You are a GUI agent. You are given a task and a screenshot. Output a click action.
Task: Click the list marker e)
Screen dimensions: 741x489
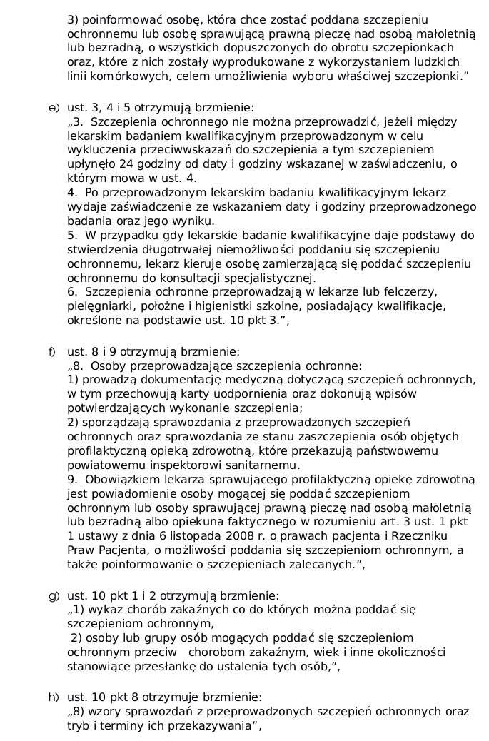point(53,108)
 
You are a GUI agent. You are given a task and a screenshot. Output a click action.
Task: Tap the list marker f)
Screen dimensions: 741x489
point(52,352)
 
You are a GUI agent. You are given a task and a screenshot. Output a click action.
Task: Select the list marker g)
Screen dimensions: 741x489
point(53,595)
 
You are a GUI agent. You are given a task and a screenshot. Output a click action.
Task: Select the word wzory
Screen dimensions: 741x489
point(104,712)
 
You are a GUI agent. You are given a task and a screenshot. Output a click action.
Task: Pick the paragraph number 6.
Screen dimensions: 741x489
point(71,291)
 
